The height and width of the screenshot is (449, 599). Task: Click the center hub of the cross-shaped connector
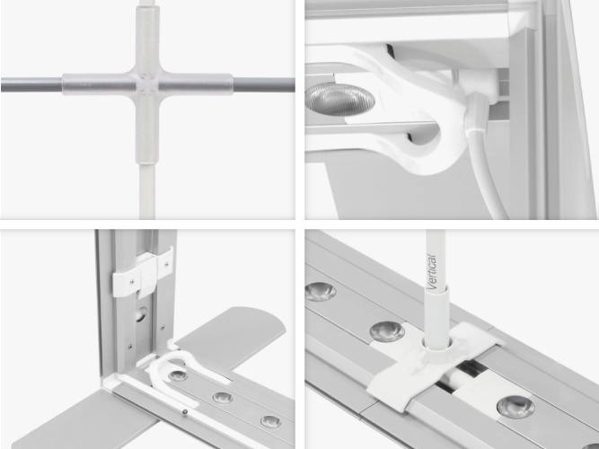point(147,84)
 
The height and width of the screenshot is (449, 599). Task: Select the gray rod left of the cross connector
point(31,84)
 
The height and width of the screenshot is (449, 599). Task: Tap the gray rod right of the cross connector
point(264,84)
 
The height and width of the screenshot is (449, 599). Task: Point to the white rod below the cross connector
point(147,191)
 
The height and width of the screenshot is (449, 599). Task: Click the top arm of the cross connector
point(147,39)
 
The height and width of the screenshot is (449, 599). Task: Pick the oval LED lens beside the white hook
point(340,99)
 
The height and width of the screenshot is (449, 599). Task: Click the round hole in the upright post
point(141,315)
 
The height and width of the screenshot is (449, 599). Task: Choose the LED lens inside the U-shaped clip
point(178,375)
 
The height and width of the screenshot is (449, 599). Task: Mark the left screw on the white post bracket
point(132,282)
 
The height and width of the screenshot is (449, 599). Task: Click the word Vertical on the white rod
point(432,272)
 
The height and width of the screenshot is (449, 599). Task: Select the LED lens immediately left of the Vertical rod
point(387,331)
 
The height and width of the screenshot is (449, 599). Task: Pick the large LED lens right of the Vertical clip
point(515,407)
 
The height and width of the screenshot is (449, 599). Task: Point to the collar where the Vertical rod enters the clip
point(436,345)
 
